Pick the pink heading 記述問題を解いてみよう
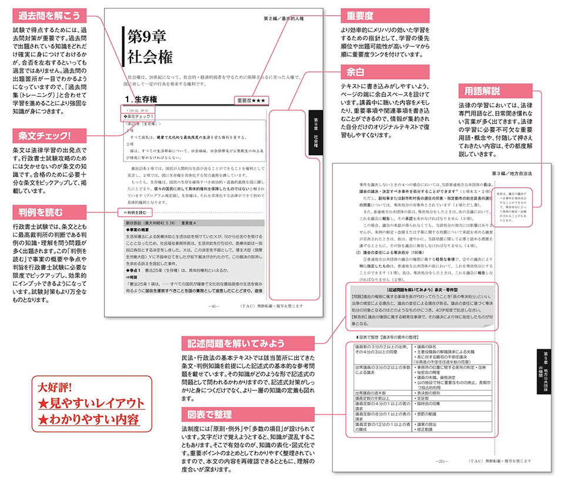pyautogui.click(x=249, y=343)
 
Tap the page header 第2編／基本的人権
pyautogui.click(x=287, y=18)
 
